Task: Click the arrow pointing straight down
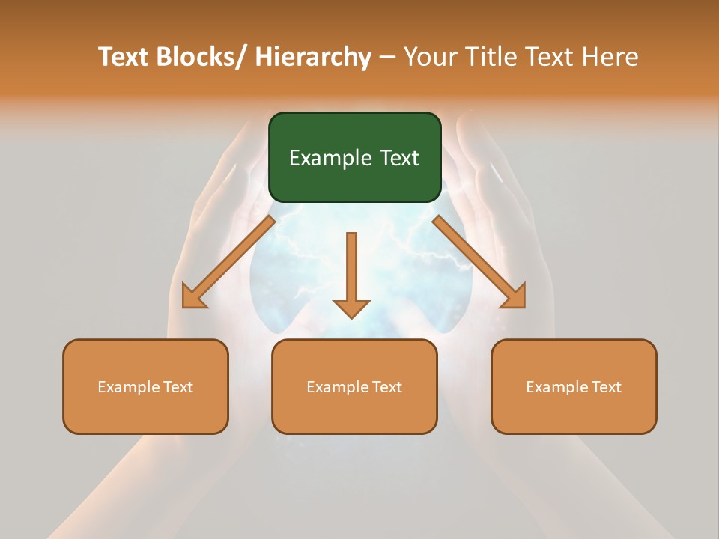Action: [351, 269]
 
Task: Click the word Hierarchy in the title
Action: [313, 58]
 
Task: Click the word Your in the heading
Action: [430, 58]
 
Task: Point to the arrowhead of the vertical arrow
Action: [351, 308]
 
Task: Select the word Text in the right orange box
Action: [606, 387]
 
